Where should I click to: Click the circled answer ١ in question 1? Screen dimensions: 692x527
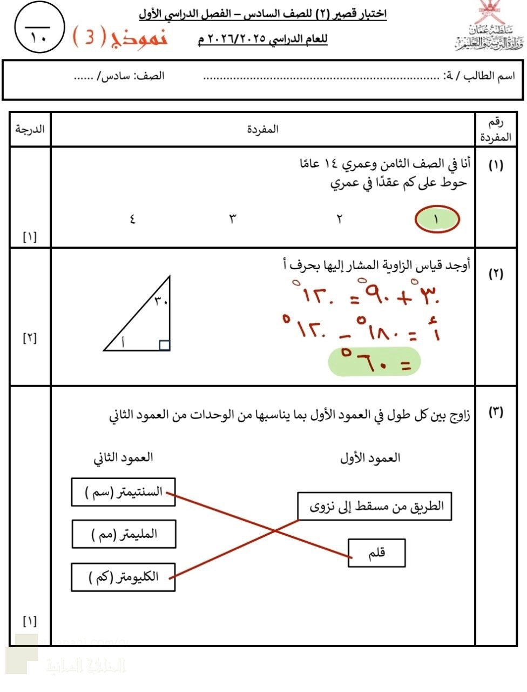437,220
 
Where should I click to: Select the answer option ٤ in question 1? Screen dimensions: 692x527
132,219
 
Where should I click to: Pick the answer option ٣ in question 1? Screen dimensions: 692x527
233,219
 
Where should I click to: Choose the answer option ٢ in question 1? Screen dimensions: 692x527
340,219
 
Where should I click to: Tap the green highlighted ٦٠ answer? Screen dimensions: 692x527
374,362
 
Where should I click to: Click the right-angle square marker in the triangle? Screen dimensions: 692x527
165,345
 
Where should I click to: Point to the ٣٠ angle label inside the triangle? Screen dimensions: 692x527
160,301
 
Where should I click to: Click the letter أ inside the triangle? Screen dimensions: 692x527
123,341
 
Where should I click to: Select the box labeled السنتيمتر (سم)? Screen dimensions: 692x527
124,492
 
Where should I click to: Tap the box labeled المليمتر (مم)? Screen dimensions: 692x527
124,534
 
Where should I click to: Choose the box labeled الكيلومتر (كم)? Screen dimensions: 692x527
124,577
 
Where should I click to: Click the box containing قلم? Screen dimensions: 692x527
376,553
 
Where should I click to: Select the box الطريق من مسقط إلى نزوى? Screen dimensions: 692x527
374,506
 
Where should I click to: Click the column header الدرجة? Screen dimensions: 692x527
30,129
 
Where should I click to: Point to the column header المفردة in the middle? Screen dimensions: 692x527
263,129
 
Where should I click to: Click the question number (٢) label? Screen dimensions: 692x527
496,274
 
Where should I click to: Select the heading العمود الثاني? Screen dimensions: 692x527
123,457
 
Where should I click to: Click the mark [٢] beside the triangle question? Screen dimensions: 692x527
30,338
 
